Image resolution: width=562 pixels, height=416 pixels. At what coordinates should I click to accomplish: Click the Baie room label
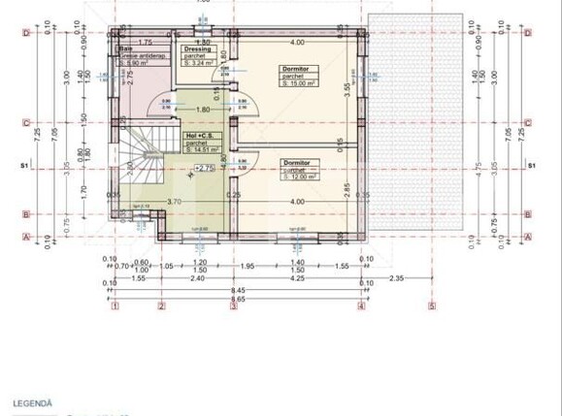[x=126, y=48]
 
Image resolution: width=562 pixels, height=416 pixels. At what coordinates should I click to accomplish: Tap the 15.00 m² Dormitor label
[x=295, y=69]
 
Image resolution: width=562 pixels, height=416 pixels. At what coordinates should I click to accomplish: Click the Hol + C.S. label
[x=200, y=136]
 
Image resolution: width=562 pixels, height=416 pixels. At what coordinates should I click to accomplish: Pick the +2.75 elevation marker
[x=204, y=168]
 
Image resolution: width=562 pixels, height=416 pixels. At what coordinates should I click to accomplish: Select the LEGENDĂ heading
[x=32, y=401]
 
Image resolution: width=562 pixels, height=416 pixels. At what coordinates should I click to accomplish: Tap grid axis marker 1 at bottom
[x=115, y=306]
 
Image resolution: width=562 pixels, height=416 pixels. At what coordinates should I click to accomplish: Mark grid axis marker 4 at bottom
[x=361, y=306]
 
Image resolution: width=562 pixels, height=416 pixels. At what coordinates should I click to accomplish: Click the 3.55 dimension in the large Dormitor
[x=346, y=85]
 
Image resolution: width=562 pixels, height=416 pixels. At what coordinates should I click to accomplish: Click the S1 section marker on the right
[x=531, y=167]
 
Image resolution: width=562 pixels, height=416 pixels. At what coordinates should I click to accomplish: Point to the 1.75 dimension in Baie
[x=144, y=42]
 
